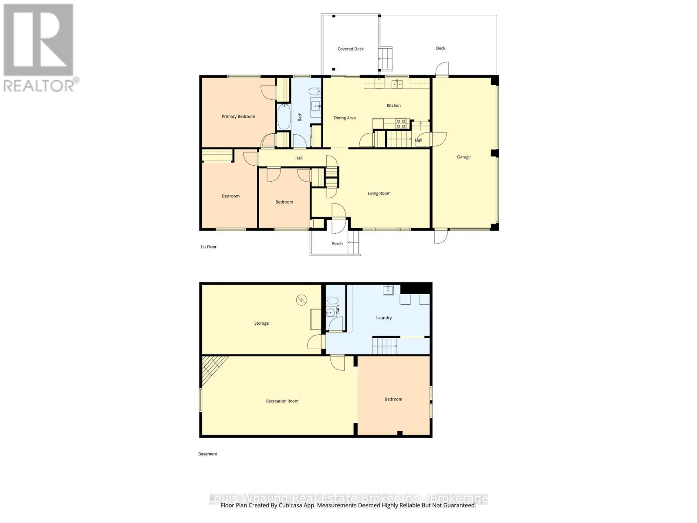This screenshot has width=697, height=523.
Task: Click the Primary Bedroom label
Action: click(238, 116)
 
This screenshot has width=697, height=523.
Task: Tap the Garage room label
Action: click(464, 157)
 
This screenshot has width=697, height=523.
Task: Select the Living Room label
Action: click(379, 194)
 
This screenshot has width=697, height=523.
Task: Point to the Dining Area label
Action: click(345, 118)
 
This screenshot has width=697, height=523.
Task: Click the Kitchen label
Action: click(393, 105)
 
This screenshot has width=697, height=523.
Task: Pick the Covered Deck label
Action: click(350, 49)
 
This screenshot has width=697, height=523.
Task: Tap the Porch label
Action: click(337, 244)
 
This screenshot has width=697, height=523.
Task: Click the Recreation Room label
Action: click(282, 401)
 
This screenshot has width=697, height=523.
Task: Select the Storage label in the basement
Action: click(261, 323)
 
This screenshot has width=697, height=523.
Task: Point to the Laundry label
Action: click(384, 318)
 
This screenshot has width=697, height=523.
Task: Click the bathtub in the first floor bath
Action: click(284, 116)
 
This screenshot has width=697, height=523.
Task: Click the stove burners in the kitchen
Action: click(401, 124)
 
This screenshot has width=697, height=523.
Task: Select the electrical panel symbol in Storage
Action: click(301, 300)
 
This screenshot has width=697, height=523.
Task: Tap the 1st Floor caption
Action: click(208, 247)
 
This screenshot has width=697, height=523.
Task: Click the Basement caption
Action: click(207, 454)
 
